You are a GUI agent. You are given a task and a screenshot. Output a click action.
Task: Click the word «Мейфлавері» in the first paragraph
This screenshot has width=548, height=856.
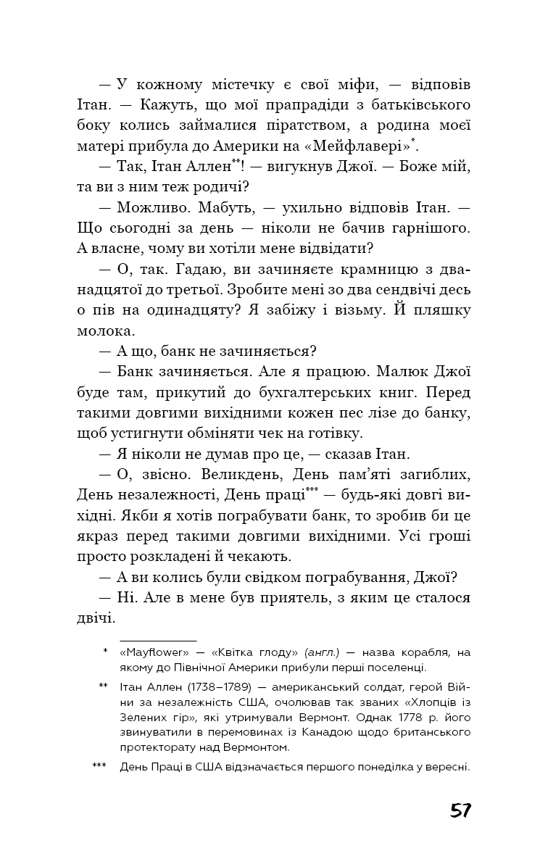pyautogui.click(x=362, y=144)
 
